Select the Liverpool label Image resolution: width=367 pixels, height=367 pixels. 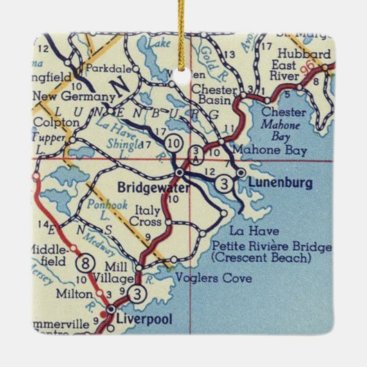click(x=143, y=319)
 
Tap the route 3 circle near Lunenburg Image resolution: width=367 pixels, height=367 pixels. click(x=223, y=183)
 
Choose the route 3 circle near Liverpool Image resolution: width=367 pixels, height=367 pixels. click(x=141, y=293)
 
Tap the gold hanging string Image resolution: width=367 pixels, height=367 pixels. click(x=183, y=28)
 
